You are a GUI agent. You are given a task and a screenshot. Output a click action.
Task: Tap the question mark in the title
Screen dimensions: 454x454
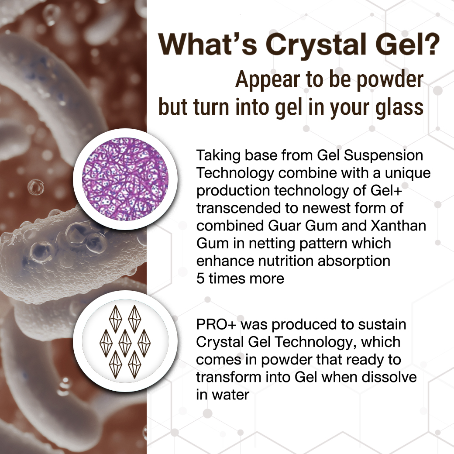pos(431,44)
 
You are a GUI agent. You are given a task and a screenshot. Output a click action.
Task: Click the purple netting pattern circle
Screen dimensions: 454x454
pos(125,179)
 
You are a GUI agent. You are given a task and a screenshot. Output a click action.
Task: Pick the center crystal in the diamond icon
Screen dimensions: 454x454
pos(125,343)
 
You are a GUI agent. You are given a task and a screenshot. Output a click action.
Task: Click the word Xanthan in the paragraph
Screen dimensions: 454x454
pos(399,226)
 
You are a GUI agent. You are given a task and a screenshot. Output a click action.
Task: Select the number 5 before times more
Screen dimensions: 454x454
pos(200,279)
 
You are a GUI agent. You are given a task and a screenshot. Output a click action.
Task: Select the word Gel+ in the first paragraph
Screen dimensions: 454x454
pos(386,190)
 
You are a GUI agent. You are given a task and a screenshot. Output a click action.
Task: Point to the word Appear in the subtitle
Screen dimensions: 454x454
pos(268,81)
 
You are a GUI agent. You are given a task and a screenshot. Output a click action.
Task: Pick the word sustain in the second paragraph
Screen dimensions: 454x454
pos(382,325)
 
